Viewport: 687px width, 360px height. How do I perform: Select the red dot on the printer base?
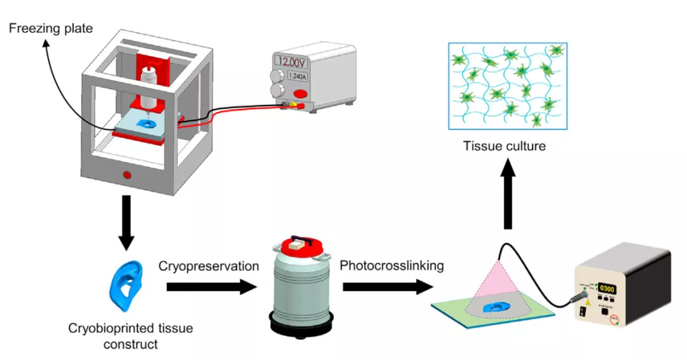pos(127,174)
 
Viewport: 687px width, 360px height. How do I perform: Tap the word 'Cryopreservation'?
pos(209,266)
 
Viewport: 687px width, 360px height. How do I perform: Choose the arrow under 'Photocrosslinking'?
pos(384,287)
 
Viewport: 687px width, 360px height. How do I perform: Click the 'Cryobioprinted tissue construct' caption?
pos(131,336)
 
